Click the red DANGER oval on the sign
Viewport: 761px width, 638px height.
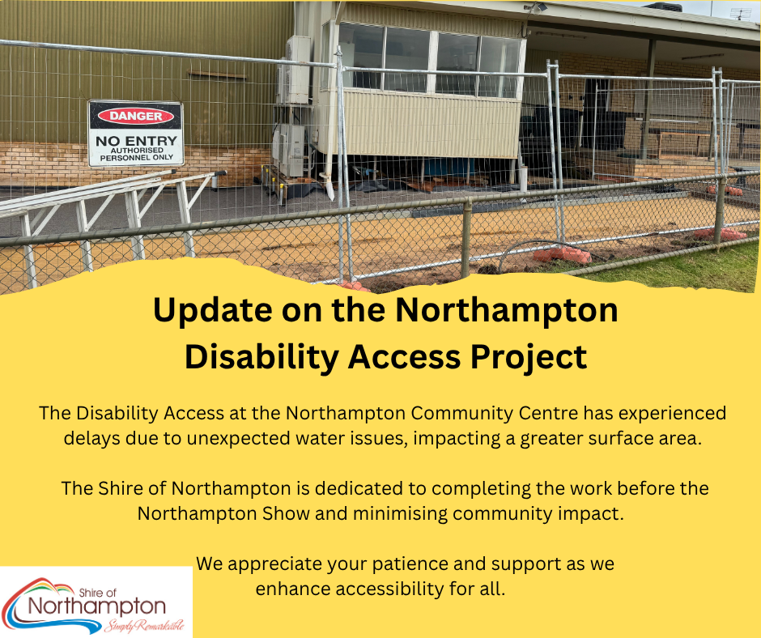(135, 116)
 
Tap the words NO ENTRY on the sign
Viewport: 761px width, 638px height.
(136, 141)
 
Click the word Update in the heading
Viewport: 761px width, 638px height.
(213, 311)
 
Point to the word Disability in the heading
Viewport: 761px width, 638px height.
(261, 356)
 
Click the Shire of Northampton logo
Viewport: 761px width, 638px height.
(96, 602)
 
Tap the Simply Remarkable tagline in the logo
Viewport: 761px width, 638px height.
(144, 626)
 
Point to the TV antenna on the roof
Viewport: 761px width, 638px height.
(741, 14)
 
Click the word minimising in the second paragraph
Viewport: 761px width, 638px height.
(400, 513)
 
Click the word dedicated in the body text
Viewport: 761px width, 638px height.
(359, 489)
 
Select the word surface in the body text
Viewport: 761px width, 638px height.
(623, 439)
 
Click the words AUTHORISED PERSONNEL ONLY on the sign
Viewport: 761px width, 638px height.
(136, 154)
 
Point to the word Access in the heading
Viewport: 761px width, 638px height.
(404, 356)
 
